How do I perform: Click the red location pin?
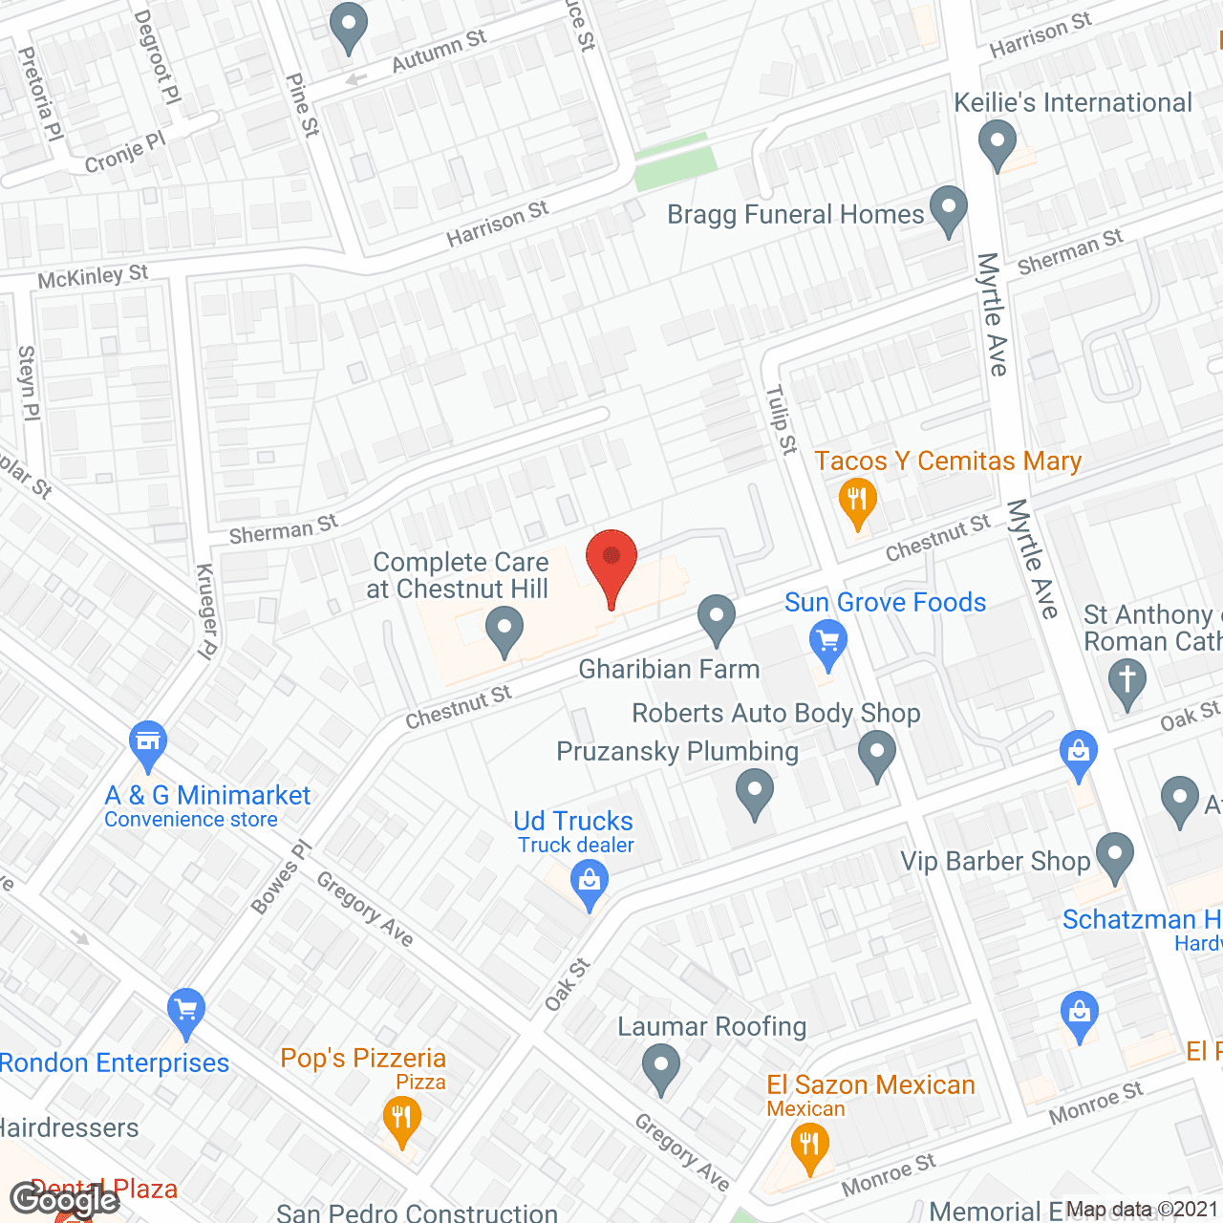(x=611, y=560)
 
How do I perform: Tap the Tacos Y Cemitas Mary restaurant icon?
(x=857, y=500)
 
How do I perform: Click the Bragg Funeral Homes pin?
(x=948, y=207)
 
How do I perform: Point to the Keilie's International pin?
(x=998, y=142)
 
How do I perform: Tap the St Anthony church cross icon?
(x=1127, y=681)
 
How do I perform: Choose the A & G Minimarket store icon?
(x=147, y=742)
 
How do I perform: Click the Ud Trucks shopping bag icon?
(x=590, y=882)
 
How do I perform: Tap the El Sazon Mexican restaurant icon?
(x=809, y=1144)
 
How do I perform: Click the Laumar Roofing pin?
(x=660, y=1065)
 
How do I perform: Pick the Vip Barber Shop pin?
(x=1114, y=854)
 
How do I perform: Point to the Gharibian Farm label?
(x=669, y=669)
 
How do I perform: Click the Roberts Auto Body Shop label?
(x=776, y=713)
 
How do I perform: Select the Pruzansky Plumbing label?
(x=677, y=751)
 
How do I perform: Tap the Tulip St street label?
(x=782, y=419)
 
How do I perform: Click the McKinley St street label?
(x=93, y=277)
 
